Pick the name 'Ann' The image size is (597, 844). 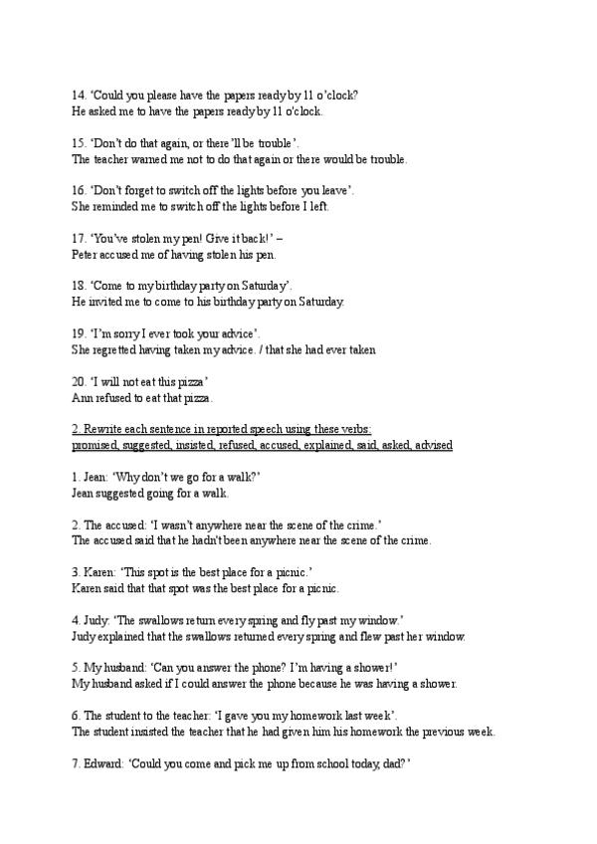tap(83, 398)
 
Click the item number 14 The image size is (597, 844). tap(79, 96)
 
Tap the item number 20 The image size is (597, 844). tap(79, 382)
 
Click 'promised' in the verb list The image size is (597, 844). tap(96, 445)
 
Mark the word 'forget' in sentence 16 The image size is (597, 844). tap(142, 191)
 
